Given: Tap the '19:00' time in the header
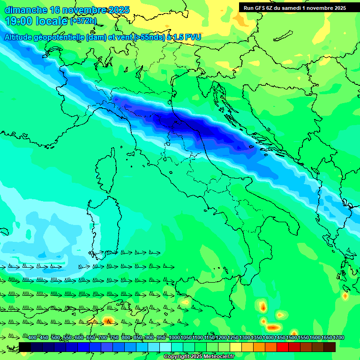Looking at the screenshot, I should coord(18,21).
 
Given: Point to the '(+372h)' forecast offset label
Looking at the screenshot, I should coord(83,21).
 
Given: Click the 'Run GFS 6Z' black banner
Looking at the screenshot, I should coord(294,7).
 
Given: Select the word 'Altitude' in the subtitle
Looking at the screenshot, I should coord(22,37).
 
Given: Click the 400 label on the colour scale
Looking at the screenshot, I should coord(32,338).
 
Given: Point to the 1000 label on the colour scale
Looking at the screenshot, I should coord(174,338).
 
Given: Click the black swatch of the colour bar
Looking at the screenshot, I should coord(25,347).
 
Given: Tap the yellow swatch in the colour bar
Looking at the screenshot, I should coord(236,347).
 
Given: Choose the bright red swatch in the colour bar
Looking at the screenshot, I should coord(283,347).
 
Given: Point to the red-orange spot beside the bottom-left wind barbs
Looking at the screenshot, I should coord(108,321).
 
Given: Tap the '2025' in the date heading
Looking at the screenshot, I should coord(119,10).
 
